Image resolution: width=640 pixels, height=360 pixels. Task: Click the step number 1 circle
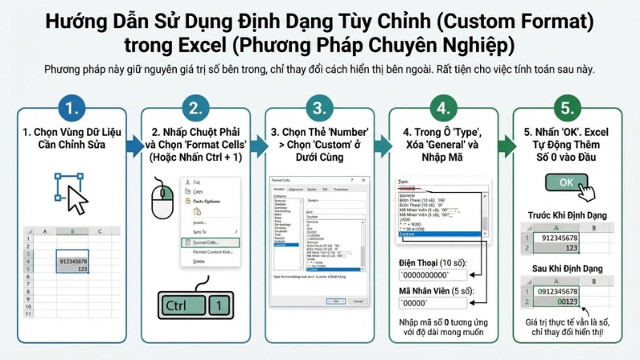pyautogui.click(x=71, y=108)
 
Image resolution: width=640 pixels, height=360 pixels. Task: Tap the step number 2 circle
pyautogui.click(x=195, y=108)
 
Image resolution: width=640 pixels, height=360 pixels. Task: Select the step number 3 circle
pyautogui.click(x=320, y=108)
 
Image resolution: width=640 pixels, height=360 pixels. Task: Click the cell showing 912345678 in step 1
pyautogui.click(x=72, y=261)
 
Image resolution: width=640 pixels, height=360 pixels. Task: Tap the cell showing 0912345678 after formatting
pyautogui.click(x=558, y=290)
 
